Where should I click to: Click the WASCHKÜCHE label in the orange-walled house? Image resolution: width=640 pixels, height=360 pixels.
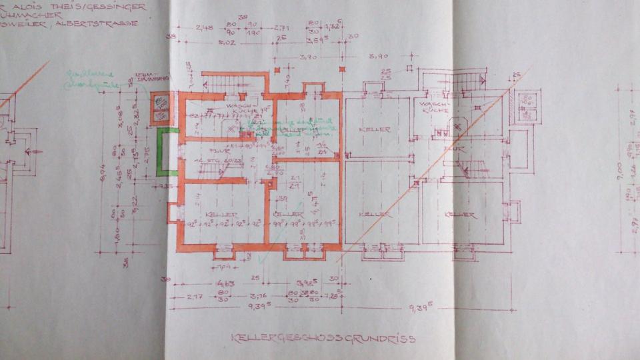coord(237,107)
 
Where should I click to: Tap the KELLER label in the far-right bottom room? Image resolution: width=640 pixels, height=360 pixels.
coord(460,215)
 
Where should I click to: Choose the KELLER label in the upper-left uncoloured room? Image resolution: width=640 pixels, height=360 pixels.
coord(374,129)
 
